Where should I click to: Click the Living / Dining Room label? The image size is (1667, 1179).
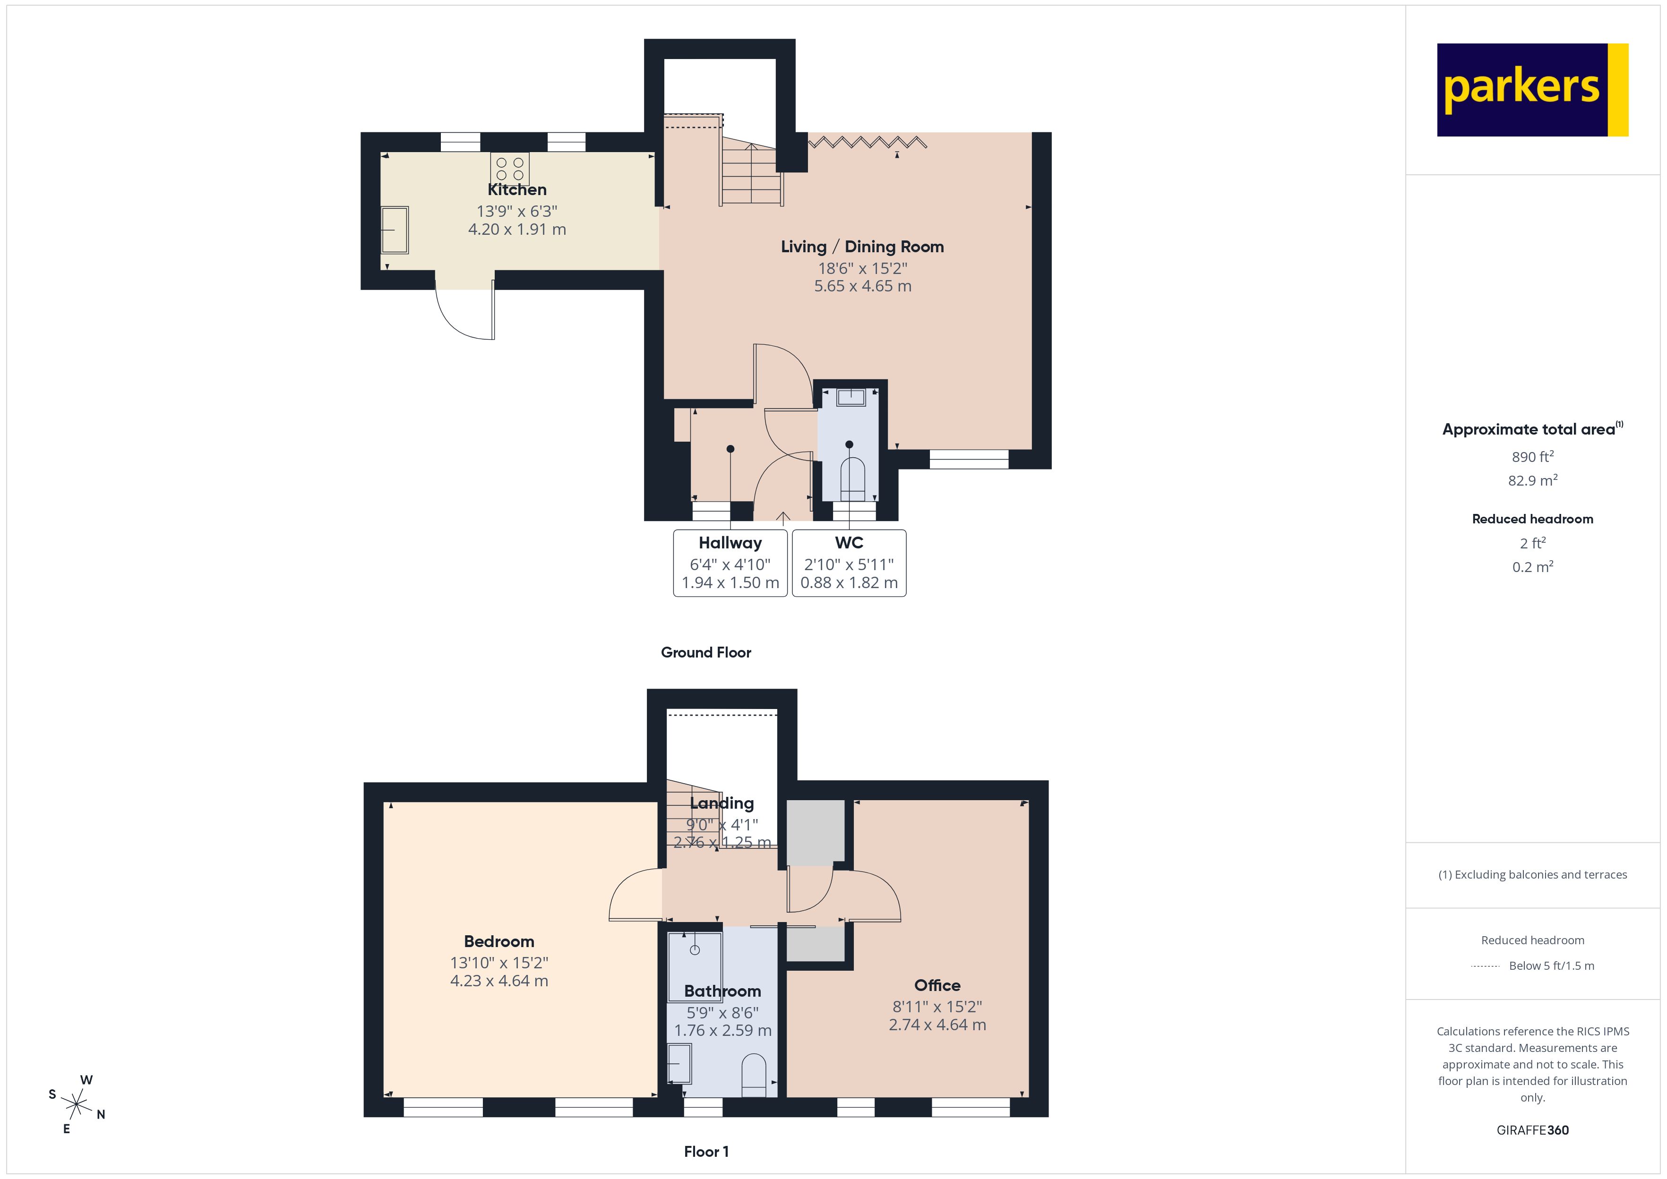[x=862, y=247]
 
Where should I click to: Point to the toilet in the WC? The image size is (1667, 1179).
[x=852, y=479]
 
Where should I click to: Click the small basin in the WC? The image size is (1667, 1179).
[x=851, y=397]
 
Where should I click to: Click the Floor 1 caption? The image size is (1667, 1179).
[x=706, y=1152]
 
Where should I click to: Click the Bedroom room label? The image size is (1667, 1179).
[x=499, y=941]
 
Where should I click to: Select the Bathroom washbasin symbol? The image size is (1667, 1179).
[x=679, y=1064]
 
